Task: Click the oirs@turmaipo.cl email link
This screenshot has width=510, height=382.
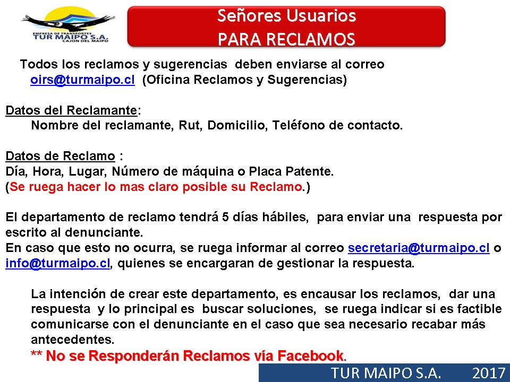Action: click(x=82, y=80)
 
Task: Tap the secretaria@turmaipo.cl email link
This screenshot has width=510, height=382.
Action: click(x=419, y=248)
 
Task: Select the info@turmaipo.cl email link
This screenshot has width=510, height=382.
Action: click(x=57, y=263)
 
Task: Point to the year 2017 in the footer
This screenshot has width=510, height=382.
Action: click(x=489, y=373)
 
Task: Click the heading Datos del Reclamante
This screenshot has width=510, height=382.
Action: click(x=71, y=110)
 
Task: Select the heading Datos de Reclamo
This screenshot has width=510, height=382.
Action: click(x=60, y=156)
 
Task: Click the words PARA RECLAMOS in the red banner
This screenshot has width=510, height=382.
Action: click(x=286, y=39)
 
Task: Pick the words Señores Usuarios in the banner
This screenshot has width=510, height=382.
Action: click(x=286, y=15)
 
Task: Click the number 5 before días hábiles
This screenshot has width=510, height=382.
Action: click(x=225, y=217)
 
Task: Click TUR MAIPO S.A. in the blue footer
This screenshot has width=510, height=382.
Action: click(x=386, y=373)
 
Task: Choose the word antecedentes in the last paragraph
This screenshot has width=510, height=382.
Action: click(x=73, y=340)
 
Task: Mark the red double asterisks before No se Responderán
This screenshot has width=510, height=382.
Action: click(x=36, y=353)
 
